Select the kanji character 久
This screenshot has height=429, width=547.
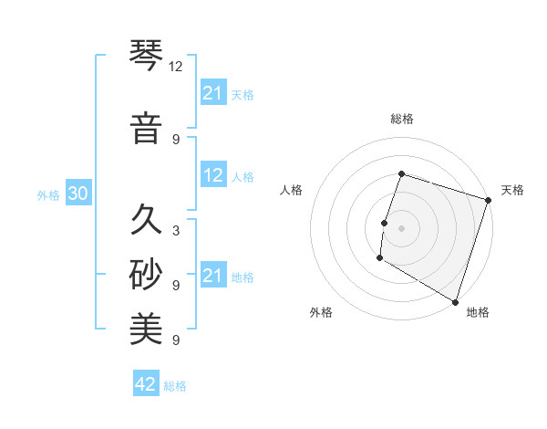coord(146,220)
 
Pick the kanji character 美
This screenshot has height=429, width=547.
coord(146,330)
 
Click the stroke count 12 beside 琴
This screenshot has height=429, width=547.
coord(176,67)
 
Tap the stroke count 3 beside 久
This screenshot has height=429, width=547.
coord(176,230)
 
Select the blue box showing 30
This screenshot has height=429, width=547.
coord(77,194)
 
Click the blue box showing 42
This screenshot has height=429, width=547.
coord(146,384)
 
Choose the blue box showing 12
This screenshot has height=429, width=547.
coord(213,176)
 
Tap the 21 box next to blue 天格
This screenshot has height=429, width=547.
coord(213,93)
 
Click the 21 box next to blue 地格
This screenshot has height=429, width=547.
coord(213,276)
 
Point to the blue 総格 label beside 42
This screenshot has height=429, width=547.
coord(175,386)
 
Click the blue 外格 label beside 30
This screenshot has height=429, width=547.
coord(48,195)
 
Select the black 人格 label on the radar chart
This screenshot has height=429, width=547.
coord(292,190)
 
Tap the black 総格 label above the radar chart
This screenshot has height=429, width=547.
coord(401,119)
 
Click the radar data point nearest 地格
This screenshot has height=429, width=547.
coord(454,301)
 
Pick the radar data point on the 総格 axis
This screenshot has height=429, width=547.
coord(401,173)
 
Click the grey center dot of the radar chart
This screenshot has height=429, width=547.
coord(401,228)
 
